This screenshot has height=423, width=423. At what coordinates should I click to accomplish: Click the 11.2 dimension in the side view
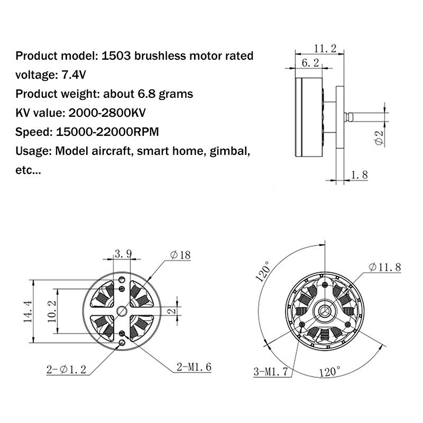click(x=325, y=49)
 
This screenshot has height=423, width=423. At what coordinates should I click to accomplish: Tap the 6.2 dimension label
click(x=310, y=63)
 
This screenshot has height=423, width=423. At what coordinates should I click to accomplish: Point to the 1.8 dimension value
click(x=358, y=174)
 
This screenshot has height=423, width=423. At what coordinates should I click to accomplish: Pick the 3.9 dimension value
click(x=123, y=254)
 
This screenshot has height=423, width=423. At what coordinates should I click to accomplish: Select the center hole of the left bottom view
click(x=122, y=311)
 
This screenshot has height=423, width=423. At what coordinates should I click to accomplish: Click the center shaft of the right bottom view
click(x=323, y=308)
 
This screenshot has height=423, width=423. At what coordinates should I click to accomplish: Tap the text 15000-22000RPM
click(x=107, y=132)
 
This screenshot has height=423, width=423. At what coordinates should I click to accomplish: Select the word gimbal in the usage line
click(x=229, y=151)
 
